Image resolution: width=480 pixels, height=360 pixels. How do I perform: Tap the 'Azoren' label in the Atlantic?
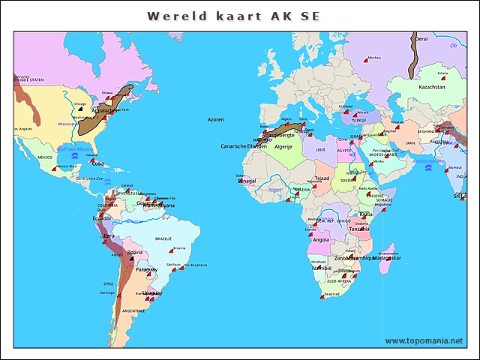tap(216, 119)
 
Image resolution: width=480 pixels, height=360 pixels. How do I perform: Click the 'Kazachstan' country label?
tap(432, 87)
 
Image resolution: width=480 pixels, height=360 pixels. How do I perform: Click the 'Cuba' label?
tap(98, 163)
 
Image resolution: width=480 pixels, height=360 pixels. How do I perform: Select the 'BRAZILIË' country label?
tap(163, 238)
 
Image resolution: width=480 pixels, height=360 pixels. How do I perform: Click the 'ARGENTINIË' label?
tap(133, 310)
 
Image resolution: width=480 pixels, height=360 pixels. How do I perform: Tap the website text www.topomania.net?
tap(424, 340)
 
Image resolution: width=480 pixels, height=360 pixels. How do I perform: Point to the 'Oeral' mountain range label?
tap(421, 39)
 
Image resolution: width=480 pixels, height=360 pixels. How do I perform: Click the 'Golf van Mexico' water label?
tap(74, 150)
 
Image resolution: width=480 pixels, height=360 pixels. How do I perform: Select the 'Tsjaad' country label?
tap(322, 178)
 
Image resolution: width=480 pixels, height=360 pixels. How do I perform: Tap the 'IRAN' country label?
tap(410, 142)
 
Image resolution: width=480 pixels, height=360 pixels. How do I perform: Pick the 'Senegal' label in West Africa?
tap(246, 181)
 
